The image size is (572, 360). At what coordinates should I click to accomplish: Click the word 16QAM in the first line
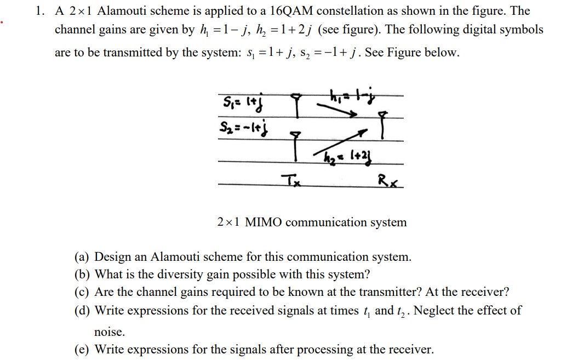283,11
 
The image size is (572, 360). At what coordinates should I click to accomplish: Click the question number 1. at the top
40,11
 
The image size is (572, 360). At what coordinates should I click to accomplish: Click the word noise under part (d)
110,332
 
